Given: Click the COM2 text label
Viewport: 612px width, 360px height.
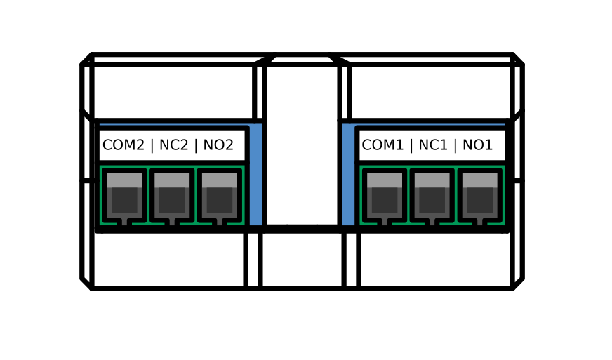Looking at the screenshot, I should click(123, 145).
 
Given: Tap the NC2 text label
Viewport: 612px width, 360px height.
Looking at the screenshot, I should click(173, 145).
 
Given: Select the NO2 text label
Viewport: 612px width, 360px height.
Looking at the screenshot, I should click(218, 145).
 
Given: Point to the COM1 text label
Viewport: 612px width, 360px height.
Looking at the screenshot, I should click(382, 145).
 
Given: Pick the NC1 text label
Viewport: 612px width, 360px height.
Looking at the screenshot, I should click(432, 145).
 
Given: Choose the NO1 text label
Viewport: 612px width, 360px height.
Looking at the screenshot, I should click(478, 145).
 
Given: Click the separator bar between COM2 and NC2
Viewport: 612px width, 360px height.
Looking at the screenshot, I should click(152, 145).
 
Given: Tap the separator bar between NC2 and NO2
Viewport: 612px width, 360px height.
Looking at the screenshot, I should click(196, 145).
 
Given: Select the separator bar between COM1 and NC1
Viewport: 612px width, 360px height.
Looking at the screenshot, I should click(412, 145).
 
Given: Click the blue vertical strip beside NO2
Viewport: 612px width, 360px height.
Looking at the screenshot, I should click(256, 175).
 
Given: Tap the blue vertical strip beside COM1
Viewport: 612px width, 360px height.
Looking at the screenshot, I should click(348, 175).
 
